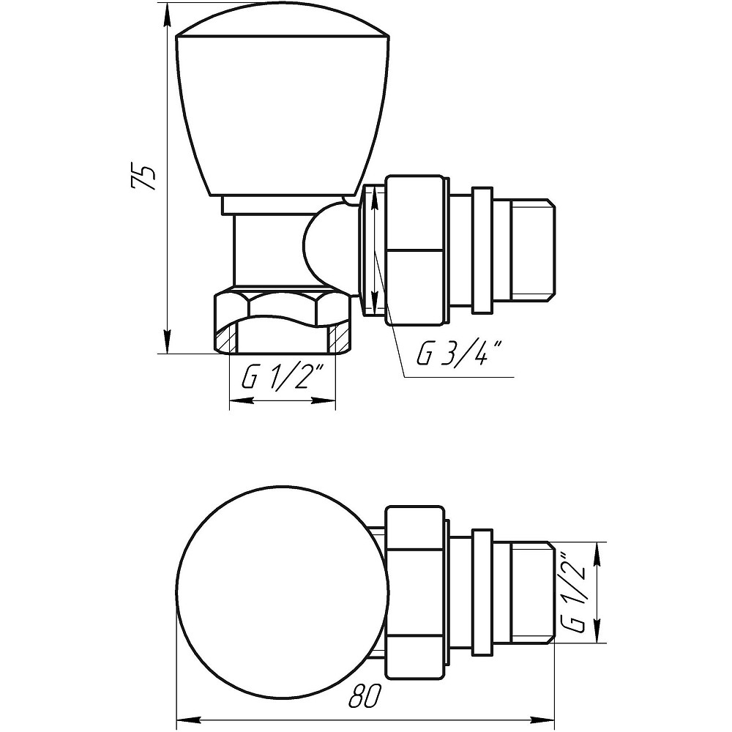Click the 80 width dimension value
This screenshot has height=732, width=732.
[365, 697]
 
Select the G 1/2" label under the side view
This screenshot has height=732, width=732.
[283, 378]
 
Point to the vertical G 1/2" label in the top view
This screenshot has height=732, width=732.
[574, 592]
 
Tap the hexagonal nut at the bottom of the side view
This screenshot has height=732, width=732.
[283, 322]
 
